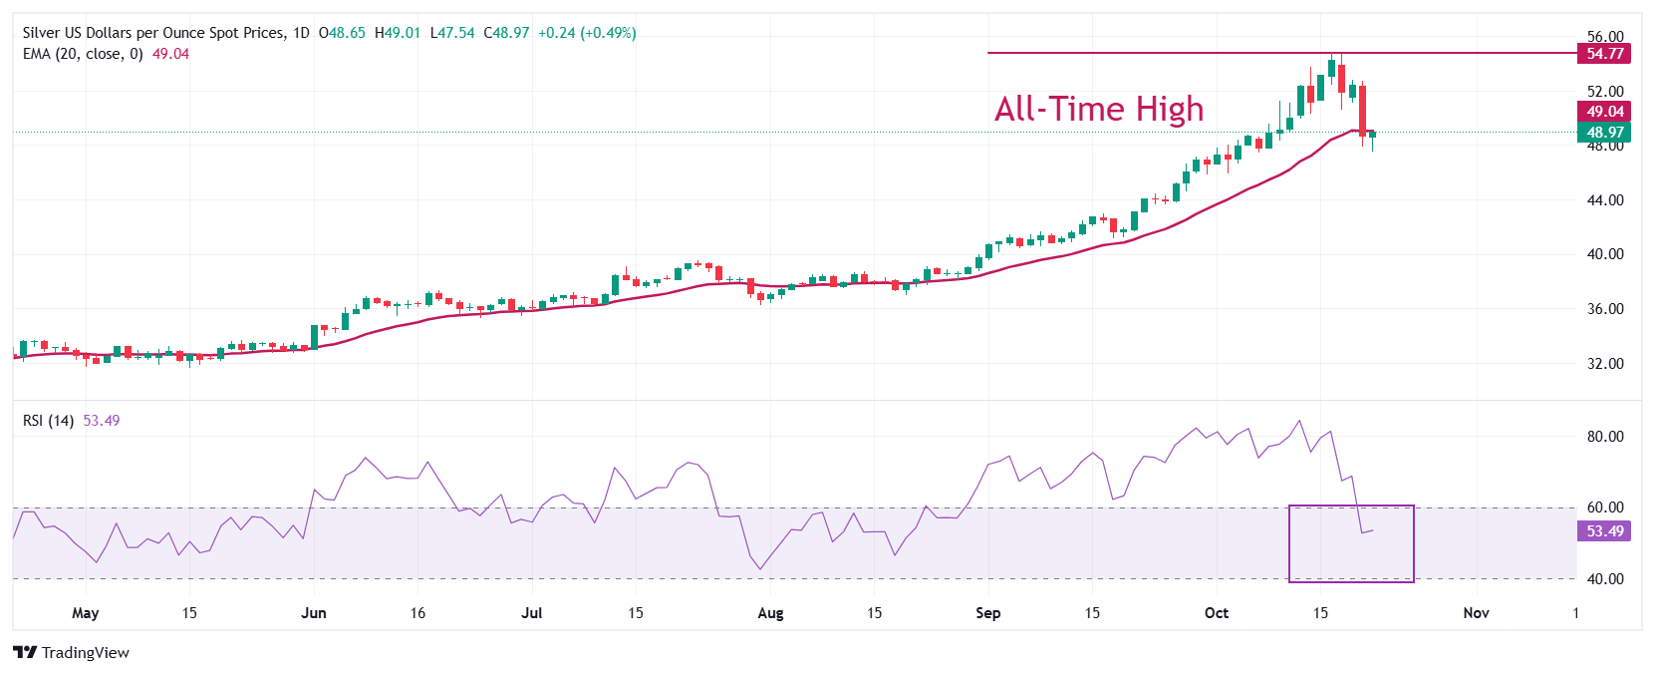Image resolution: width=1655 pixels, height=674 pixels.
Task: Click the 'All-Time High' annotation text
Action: pyautogui.click(x=1099, y=109)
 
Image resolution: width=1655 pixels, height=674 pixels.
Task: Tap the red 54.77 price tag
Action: pyautogui.click(x=1604, y=54)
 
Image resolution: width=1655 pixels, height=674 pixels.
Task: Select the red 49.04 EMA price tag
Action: pyautogui.click(x=1604, y=112)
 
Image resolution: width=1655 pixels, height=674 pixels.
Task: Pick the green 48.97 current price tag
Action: pyautogui.click(x=1604, y=133)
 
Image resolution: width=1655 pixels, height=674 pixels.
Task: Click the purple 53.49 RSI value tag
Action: pyautogui.click(x=1604, y=531)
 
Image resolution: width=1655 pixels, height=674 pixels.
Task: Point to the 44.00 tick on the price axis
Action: pyautogui.click(x=1605, y=200)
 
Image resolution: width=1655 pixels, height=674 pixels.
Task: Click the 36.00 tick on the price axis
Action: pyautogui.click(x=1605, y=309)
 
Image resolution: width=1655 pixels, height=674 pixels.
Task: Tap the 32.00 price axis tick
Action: pyautogui.click(x=1605, y=364)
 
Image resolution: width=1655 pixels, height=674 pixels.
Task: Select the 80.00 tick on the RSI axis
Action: pyautogui.click(x=1605, y=437)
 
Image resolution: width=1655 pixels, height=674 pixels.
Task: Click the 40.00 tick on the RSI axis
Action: pyautogui.click(x=1605, y=579)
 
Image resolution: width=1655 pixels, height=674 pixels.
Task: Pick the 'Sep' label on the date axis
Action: pyautogui.click(x=987, y=613)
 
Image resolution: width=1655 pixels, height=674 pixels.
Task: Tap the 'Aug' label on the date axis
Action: pyautogui.click(x=770, y=613)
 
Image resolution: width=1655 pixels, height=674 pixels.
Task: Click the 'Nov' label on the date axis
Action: pyautogui.click(x=1476, y=613)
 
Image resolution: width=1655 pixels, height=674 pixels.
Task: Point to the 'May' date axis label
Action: pyautogui.click(x=86, y=613)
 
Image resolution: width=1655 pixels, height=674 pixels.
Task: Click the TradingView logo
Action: pyautogui.click(x=72, y=653)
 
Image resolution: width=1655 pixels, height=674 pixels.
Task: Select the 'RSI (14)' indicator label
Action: pyautogui.click(x=48, y=421)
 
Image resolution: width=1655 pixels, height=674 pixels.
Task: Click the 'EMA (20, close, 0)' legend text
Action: pyautogui.click(x=83, y=54)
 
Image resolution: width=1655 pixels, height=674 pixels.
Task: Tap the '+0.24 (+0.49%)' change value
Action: pyautogui.click(x=587, y=33)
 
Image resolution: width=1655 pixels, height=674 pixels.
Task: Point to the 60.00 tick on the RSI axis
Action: pyautogui.click(x=1605, y=507)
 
